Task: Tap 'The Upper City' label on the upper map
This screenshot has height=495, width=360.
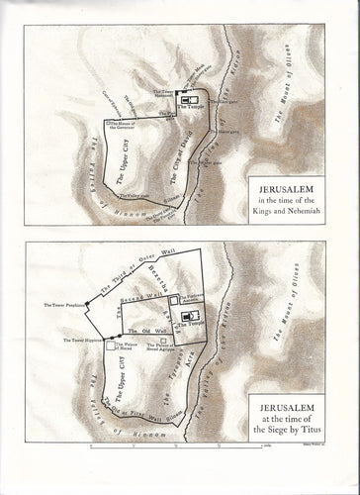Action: click(130, 159)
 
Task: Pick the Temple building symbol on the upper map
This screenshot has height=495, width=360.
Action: click(189, 100)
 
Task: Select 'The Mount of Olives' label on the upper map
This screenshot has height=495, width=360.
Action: click(297, 99)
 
